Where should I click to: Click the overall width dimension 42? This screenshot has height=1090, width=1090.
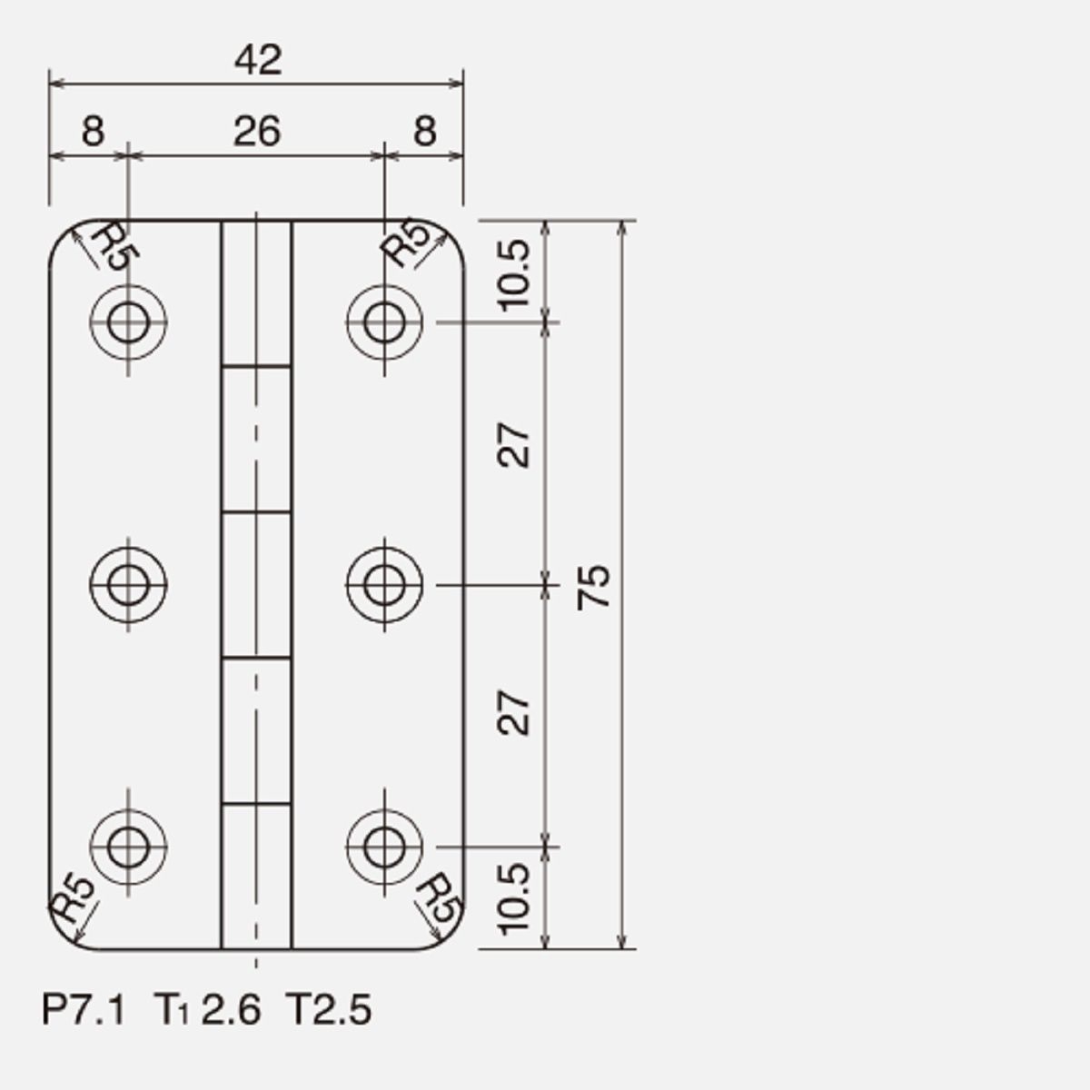tap(258, 61)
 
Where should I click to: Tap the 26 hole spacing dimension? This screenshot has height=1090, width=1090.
tap(257, 131)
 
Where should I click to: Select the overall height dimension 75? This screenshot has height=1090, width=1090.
tap(593, 587)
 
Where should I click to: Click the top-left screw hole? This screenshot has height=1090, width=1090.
tap(128, 322)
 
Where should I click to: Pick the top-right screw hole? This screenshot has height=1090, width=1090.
tap(384, 322)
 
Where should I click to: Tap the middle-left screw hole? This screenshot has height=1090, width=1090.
tap(128, 584)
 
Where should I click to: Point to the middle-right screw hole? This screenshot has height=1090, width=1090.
tap(384, 584)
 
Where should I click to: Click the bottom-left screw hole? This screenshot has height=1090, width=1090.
tap(128, 847)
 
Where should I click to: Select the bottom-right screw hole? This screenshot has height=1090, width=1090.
tap(384, 847)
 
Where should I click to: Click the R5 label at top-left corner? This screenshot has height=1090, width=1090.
tap(115, 246)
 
